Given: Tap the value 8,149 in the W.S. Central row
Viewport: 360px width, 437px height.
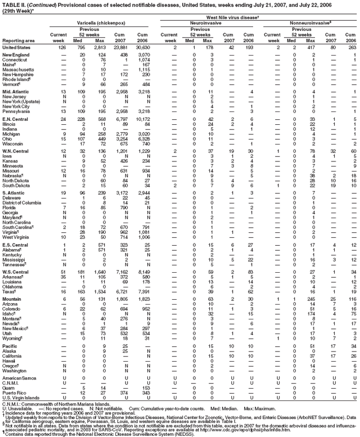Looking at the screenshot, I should (144, 273).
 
